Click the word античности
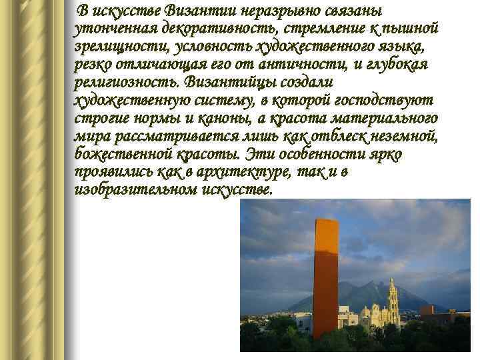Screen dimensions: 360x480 point(295,65)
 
